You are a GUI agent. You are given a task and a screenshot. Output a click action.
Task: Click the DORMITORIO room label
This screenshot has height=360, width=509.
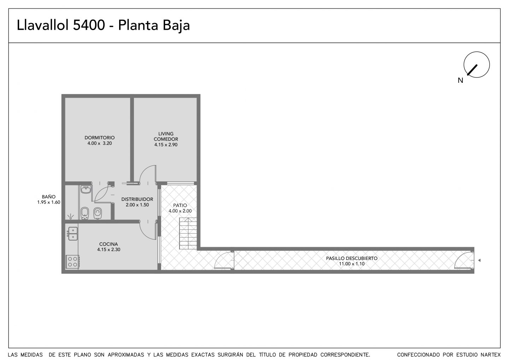click(100, 138)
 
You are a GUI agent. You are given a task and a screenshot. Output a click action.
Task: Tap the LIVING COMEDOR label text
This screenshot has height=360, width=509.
click(166, 137)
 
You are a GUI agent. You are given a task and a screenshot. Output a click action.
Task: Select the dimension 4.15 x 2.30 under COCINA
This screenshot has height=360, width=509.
click(109, 249)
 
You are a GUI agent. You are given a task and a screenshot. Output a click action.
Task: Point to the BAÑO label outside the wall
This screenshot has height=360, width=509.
click(49, 197)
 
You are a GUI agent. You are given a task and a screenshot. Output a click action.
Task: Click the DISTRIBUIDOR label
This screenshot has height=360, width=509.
click(137, 199)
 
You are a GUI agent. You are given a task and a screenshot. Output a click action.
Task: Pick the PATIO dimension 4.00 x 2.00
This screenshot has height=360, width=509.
click(180, 211)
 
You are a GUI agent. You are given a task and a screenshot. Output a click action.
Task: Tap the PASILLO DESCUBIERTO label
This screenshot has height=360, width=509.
click(352, 258)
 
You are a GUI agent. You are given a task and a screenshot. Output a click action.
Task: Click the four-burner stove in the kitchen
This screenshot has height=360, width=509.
click(72, 262)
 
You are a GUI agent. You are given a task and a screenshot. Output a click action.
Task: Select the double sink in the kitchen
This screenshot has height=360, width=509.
click(72, 233)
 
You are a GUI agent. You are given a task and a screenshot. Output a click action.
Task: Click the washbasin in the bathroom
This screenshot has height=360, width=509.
click(86, 189)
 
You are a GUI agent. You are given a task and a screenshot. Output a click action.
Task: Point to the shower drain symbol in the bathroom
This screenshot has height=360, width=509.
click(71, 216)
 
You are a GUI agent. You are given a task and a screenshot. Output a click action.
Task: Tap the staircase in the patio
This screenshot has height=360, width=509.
click(188, 233)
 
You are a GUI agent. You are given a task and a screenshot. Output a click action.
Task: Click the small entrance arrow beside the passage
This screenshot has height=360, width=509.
click(479, 261)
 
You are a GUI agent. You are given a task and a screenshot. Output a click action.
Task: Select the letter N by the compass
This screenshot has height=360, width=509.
click(460, 80)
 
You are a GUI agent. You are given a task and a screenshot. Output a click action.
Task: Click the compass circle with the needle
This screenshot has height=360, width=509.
click(477, 65)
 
